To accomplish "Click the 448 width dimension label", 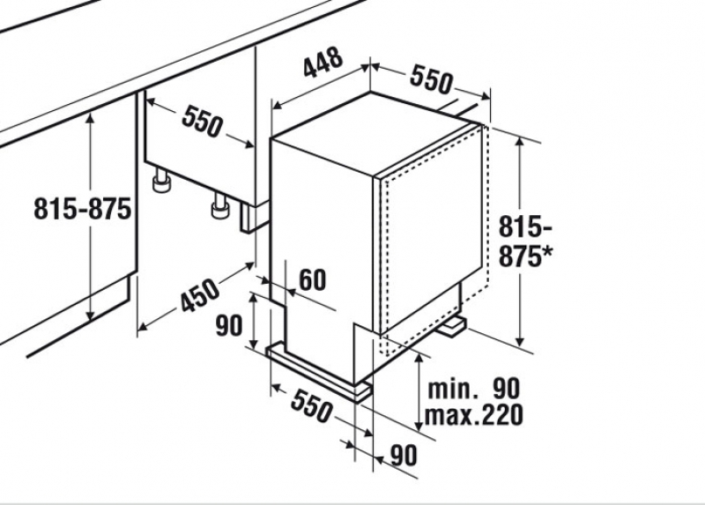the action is [323, 63].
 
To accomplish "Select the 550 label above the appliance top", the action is [430, 79].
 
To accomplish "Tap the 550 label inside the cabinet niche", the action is [202, 121].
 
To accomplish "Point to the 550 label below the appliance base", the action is [312, 406].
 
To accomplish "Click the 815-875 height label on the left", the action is [83, 209].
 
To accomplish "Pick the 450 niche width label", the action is [200, 295].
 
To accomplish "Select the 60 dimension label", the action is [313, 279].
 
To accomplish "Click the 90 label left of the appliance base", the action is [229, 325].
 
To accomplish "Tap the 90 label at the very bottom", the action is [404, 455].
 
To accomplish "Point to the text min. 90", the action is [473, 389].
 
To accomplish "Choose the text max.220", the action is [474, 415].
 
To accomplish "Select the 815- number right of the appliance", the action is [525, 227].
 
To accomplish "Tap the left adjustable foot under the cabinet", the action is [162, 181].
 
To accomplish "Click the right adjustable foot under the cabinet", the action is [220, 206].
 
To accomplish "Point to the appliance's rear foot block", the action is [452, 326].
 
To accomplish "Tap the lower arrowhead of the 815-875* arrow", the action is [521, 341].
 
